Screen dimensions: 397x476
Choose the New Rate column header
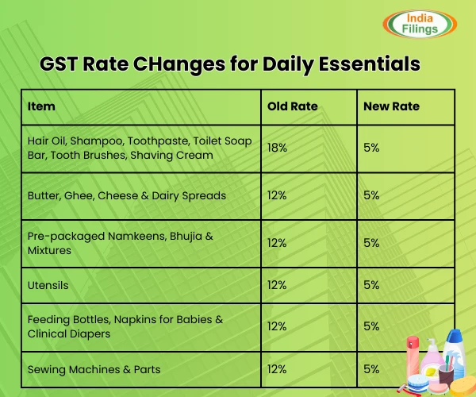pos(391,106)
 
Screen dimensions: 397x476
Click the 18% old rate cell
pos(278,148)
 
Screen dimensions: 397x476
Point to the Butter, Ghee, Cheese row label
pos(127,195)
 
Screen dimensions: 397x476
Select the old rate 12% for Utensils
pos(278,283)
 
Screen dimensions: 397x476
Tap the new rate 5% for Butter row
pos(371,195)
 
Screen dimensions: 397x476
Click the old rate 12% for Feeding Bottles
pos(278,326)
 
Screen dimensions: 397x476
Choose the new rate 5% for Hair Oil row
pos(371,148)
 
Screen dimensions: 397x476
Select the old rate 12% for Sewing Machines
pos(278,369)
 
